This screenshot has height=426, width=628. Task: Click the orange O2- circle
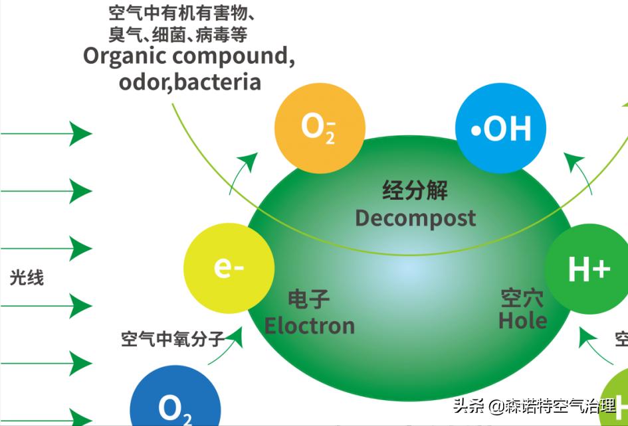[x=320, y=128]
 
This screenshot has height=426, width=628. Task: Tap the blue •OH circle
[x=500, y=128]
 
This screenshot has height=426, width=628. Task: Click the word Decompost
[x=415, y=218]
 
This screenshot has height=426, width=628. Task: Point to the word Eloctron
[x=309, y=325]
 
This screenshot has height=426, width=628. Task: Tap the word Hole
[x=522, y=320]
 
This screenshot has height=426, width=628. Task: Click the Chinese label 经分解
[x=415, y=190]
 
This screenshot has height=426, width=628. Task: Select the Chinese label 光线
[x=27, y=277]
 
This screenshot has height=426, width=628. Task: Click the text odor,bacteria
[x=189, y=82]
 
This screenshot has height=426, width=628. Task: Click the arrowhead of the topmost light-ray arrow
[x=82, y=133]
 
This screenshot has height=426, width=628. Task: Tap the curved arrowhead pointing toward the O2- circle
[x=250, y=159]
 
